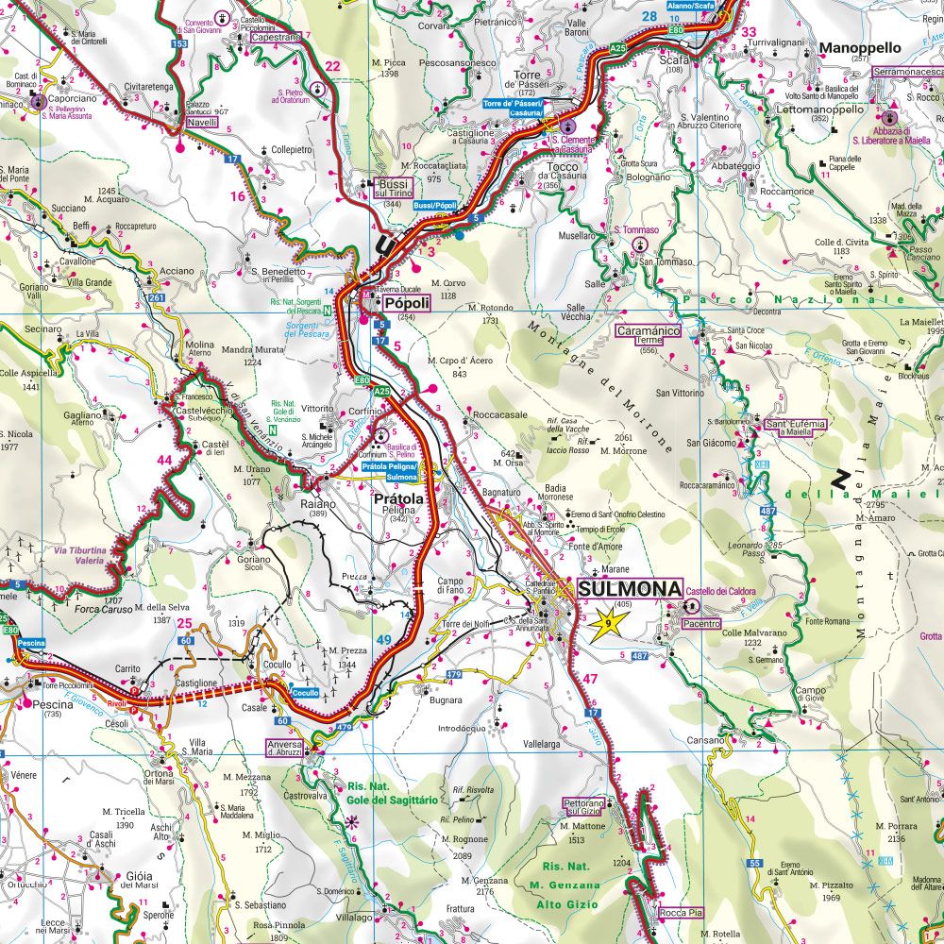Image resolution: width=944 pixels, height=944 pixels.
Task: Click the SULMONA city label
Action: click(x=629, y=589)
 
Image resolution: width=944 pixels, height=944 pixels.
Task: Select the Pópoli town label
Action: click(x=406, y=303)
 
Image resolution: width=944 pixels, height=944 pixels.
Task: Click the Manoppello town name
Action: click(x=860, y=46)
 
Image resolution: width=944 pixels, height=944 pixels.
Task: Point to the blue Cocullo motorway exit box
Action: click(x=305, y=692)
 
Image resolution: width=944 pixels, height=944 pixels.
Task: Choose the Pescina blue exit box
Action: click(x=31, y=642)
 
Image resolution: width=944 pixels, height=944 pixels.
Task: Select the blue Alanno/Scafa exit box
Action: click(x=691, y=6)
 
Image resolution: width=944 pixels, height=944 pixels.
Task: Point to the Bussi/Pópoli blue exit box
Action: click(x=435, y=205)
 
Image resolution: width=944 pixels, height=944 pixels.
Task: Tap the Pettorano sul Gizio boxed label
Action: click(x=584, y=805)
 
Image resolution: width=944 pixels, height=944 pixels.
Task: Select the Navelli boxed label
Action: click(x=202, y=122)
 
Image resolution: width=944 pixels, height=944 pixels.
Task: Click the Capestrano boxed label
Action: click(x=276, y=37)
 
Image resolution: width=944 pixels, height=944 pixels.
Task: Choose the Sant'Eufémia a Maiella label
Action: click(x=796, y=428)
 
